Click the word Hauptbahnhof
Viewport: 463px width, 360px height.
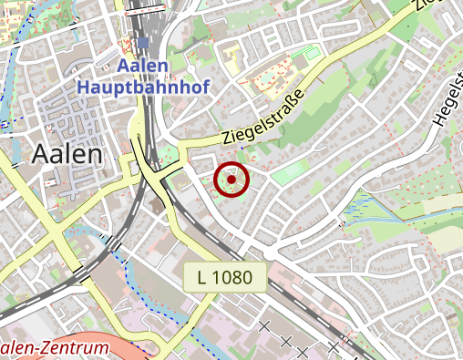144,88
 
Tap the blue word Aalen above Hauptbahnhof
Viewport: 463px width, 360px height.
144,67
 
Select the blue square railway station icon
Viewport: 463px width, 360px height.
143,44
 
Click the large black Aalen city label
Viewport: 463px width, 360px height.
67,154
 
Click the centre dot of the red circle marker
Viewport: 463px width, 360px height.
231,180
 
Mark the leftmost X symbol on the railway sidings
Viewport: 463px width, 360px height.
264,325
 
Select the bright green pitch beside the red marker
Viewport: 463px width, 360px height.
289,171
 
